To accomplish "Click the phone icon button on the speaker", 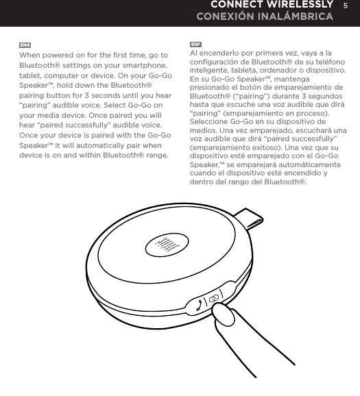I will (200, 302).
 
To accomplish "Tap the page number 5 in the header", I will (347, 5).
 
